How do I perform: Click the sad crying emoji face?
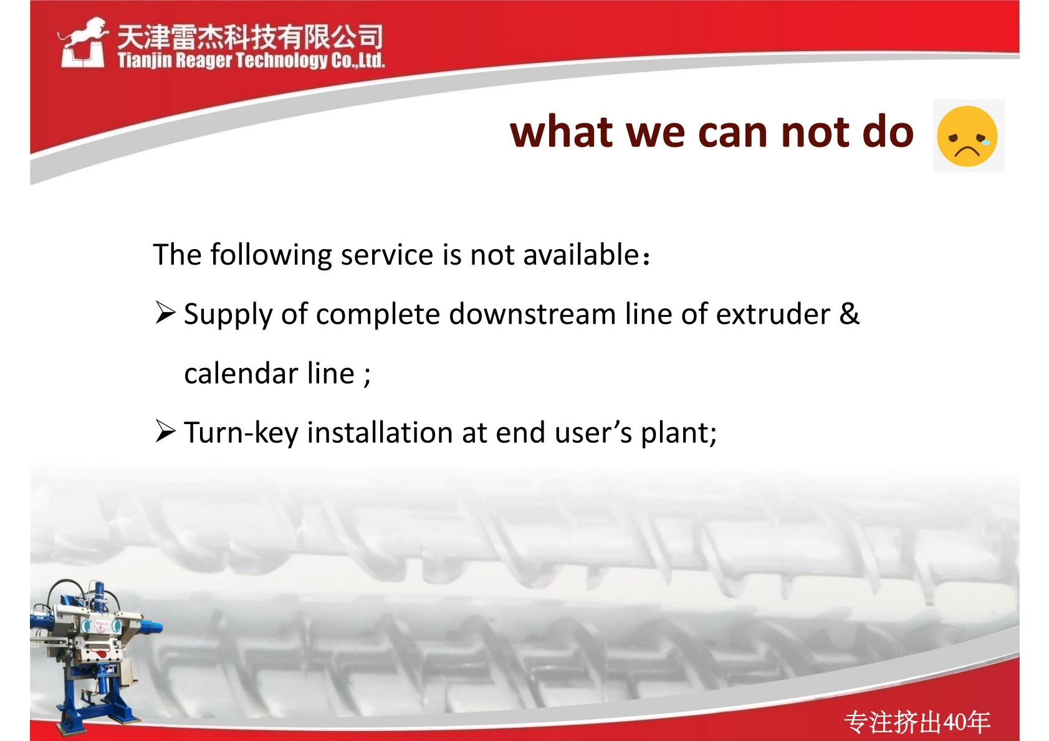(x=967, y=136)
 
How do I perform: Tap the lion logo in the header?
(x=83, y=42)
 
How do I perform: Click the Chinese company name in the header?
(x=250, y=37)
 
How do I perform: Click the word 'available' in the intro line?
(x=581, y=255)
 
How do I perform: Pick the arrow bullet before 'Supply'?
(x=165, y=313)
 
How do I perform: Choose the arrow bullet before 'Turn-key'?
(x=165, y=432)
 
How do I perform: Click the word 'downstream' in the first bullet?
(x=532, y=314)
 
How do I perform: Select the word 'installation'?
(x=380, y=432)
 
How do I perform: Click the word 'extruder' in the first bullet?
(x=773, y=314)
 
